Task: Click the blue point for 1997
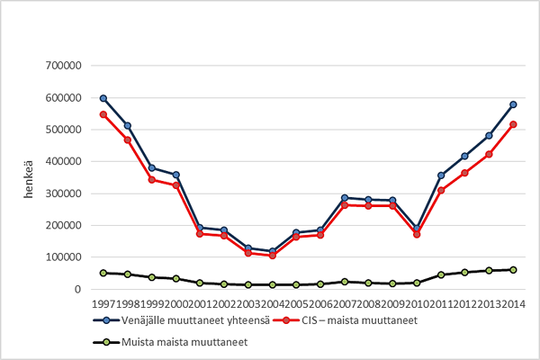tap(103, 98)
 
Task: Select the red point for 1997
tap(103, 115)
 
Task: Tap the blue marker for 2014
tap(513, 104)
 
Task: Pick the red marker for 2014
tap(513, 124)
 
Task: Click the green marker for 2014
tap(513, 270)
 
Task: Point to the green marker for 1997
tap(103, 273)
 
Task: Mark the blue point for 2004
tap(272, 251)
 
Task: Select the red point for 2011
tap(441, 190)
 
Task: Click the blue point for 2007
tap(345, 198)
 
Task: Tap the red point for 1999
tap(152, 179)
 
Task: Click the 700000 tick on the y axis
tap(64, 66)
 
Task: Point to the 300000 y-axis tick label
tap(64, 193)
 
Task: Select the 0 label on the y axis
tap(80, 290)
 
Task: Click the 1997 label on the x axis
tap(103, 303)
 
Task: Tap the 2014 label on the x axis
tap(513, 303)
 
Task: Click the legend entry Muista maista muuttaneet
tap(171, 342)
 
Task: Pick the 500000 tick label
tap(64, 130)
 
